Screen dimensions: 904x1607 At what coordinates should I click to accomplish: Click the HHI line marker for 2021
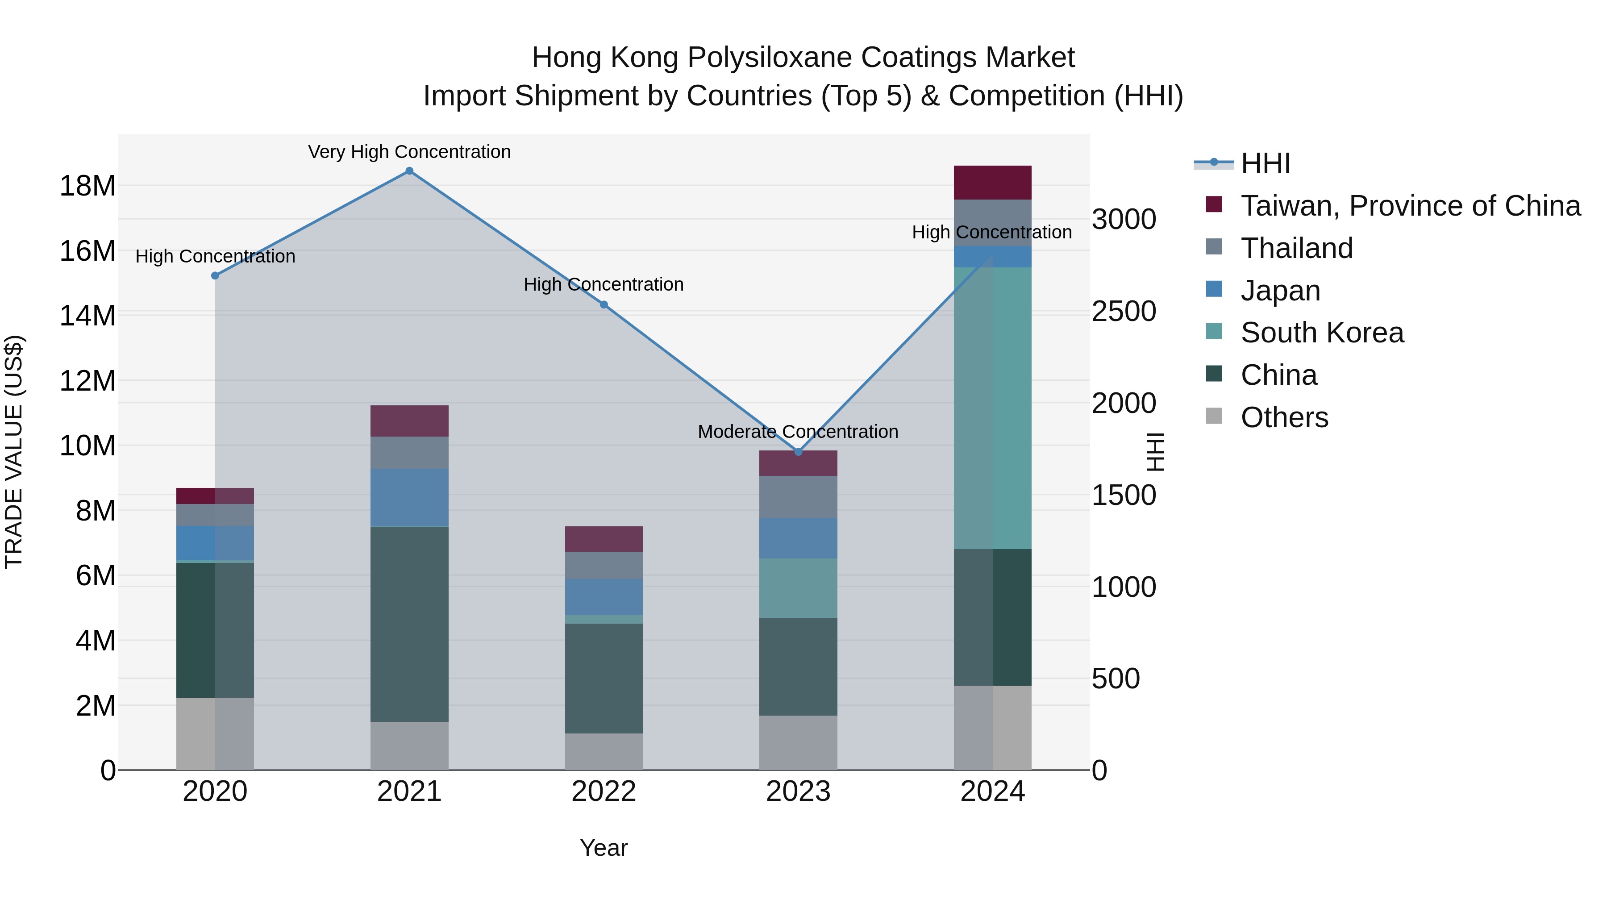click(409, 171)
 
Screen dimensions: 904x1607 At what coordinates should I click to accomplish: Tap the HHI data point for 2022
click(604, 304)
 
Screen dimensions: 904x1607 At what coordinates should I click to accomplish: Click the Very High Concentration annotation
click(409, 152)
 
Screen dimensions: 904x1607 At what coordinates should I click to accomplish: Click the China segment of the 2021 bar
click(409, 624)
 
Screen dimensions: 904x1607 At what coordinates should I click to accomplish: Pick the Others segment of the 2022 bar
click(604, 751)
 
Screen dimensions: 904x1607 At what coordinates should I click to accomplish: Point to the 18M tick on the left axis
click(87, 186)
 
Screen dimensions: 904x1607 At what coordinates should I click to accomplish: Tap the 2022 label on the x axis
click(604, 792)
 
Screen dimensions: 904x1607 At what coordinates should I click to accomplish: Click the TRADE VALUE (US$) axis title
click(14, 452)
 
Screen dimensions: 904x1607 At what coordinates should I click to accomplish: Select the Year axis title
click(604, 848)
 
